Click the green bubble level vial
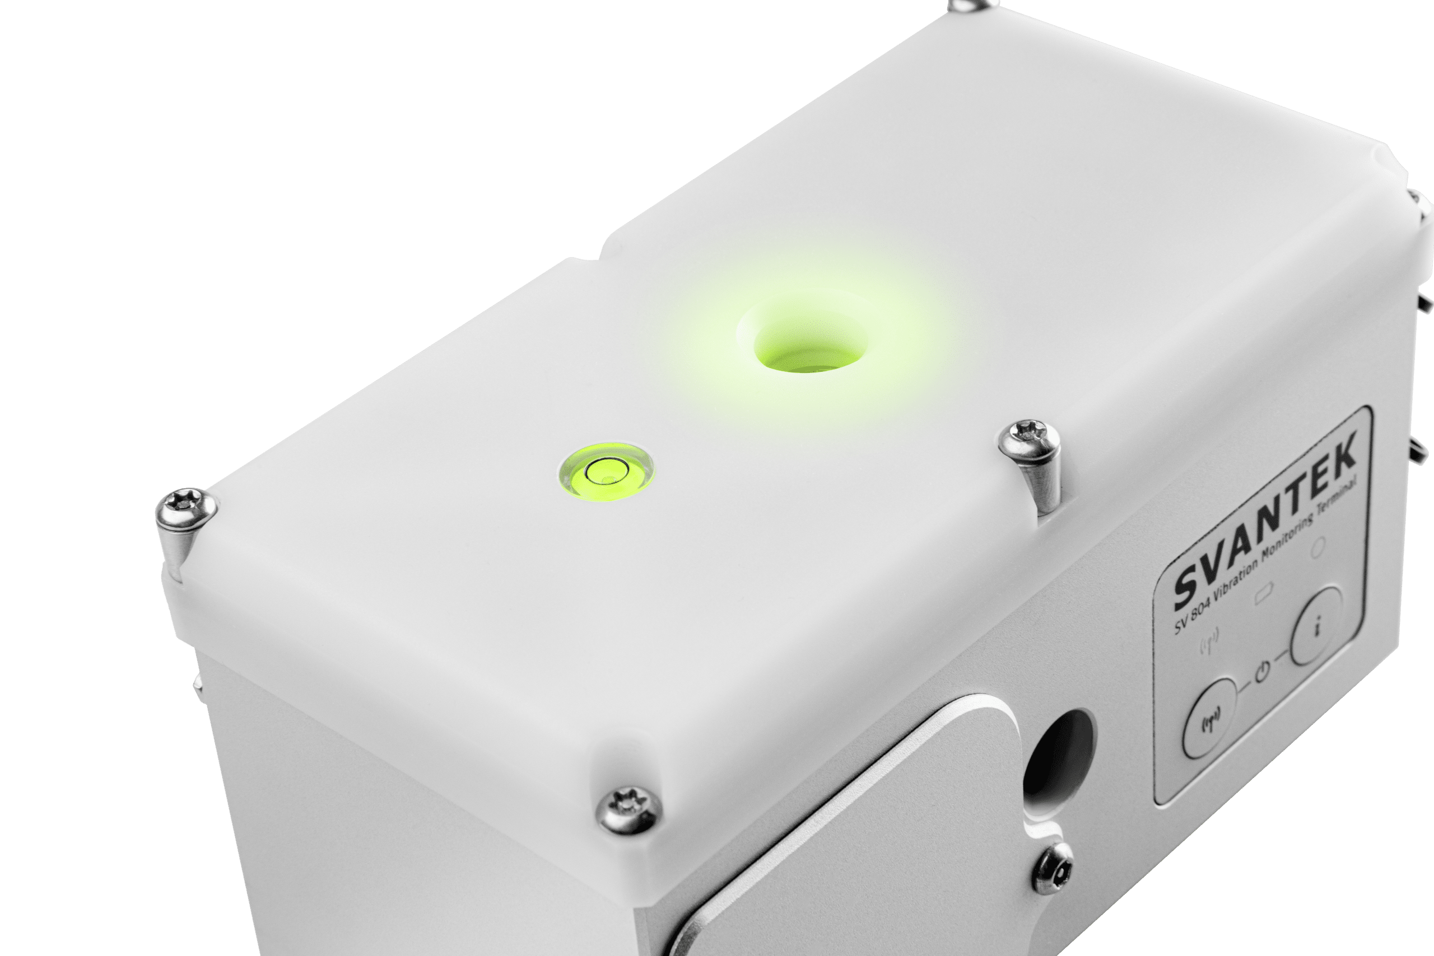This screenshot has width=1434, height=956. point(607,472)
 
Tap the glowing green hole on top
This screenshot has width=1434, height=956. point(811,344)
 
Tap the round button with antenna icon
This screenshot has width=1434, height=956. point(1211,717)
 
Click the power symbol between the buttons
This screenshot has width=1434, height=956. point(1262,672)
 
